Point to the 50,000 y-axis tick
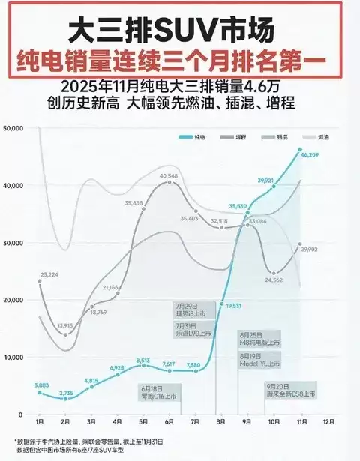click(16, 128)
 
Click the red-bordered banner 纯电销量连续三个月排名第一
click(180, 59)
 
